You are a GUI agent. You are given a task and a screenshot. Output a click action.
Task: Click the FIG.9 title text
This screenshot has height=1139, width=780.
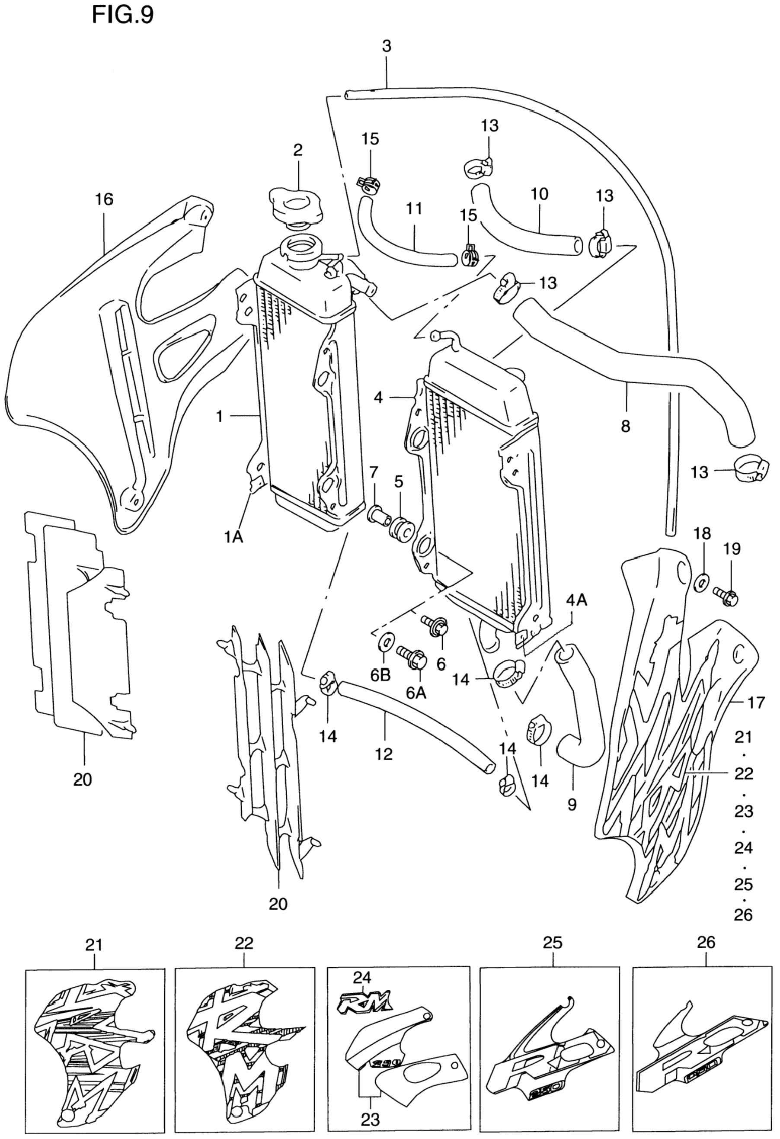(x=122, y=15)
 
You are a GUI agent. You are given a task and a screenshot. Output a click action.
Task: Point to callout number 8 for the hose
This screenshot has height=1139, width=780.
(x=625, y=426)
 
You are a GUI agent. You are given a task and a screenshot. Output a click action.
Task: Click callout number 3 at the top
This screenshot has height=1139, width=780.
(x=387, y=47)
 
